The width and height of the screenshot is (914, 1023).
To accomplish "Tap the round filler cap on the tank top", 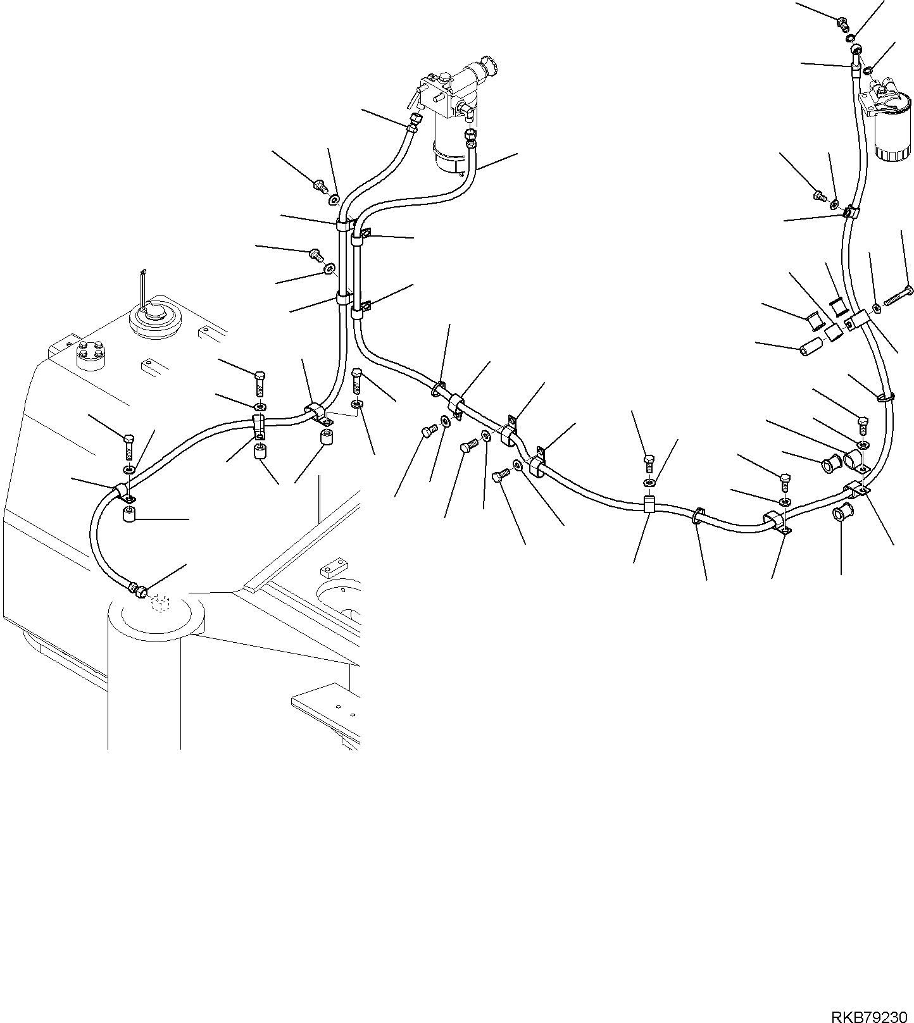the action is coord(155,319).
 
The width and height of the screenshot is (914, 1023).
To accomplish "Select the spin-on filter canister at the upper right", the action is coord(892,127).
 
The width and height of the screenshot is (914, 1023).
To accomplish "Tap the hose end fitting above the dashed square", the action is coord(139,590).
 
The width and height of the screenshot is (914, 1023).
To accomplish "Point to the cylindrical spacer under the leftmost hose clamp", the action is coord(130,512).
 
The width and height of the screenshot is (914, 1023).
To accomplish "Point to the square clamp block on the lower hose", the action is coord(650,505).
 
